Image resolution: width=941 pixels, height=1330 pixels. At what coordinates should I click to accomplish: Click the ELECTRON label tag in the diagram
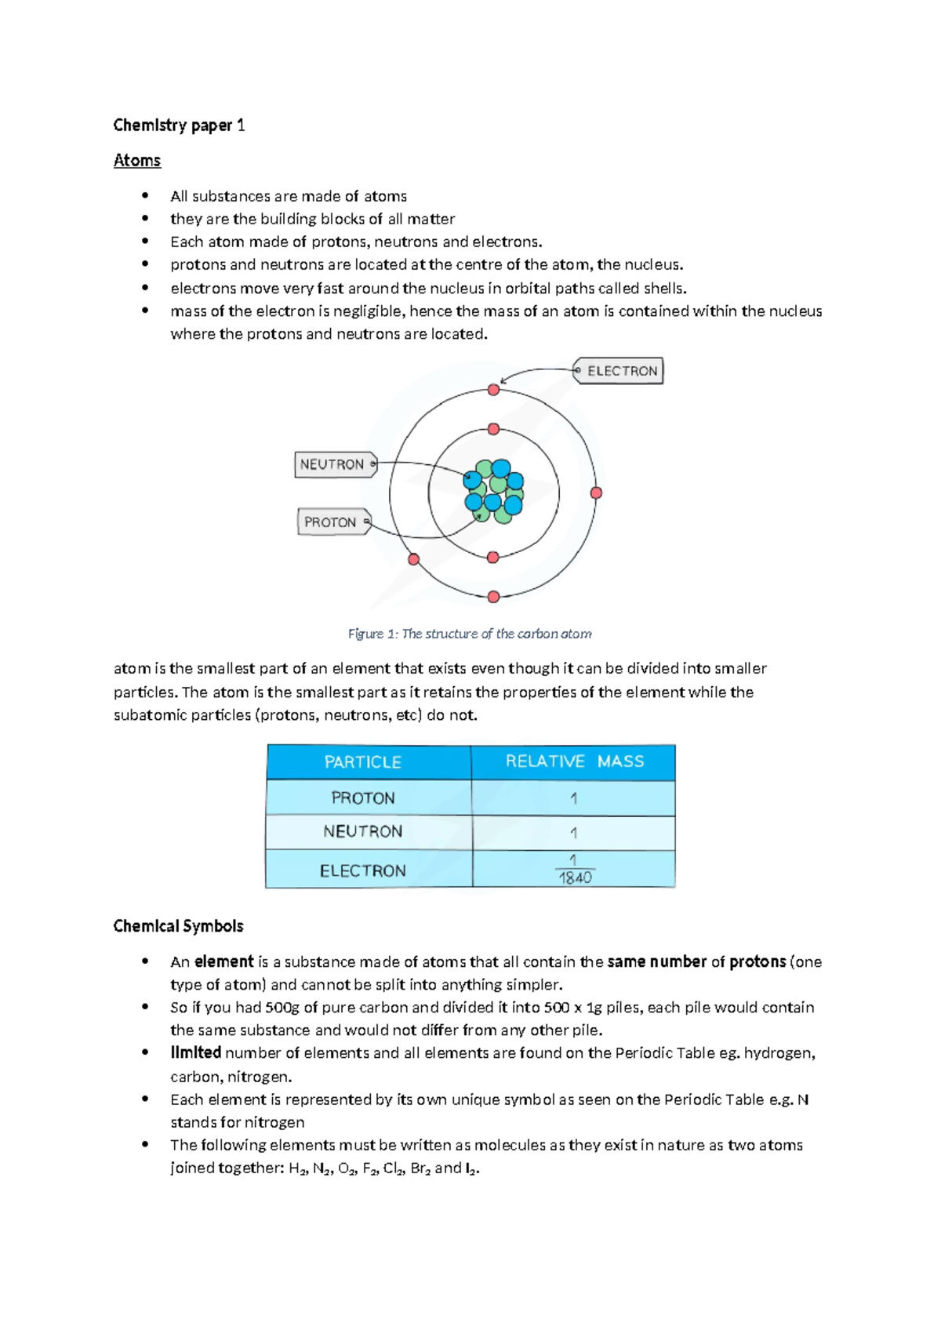coord(619,371)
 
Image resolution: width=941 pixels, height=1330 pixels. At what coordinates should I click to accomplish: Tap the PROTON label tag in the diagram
coord(332,522)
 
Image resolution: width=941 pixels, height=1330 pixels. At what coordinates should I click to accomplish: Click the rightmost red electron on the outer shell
coord(596,492)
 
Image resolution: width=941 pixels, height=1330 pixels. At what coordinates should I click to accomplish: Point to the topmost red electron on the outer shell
coord(493,390)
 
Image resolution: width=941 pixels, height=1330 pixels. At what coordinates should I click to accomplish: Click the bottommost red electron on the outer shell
coord(493,597)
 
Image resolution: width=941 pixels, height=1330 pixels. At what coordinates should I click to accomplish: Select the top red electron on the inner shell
coord(493,429)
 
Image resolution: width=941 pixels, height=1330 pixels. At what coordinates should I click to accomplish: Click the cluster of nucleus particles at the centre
coord(494,492)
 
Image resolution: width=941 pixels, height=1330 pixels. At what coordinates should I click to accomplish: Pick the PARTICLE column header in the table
coord(363,762)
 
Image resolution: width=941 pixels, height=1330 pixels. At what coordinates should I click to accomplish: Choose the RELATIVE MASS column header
coord(574,761)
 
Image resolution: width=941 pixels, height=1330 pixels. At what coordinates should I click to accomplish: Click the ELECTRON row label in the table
coord(363,870)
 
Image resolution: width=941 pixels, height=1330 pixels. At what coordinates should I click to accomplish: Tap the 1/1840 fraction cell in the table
coord(574,870)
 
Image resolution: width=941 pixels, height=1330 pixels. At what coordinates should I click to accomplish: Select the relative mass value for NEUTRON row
coord(573,833)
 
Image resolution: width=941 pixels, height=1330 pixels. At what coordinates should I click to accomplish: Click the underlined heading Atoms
coord(137,161)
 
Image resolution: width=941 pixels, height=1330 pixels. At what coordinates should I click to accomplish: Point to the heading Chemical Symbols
coord(178,926)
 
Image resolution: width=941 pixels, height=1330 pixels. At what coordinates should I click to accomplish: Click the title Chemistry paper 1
coord(179,125)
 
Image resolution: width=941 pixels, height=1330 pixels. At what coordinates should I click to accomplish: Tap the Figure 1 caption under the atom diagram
coord(470,634)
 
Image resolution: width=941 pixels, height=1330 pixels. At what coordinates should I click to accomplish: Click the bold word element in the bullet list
coord(224,961)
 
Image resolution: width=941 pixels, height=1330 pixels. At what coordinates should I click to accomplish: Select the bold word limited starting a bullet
coord(196,1052)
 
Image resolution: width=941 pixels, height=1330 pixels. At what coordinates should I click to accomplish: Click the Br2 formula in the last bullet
coord(420,1168)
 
